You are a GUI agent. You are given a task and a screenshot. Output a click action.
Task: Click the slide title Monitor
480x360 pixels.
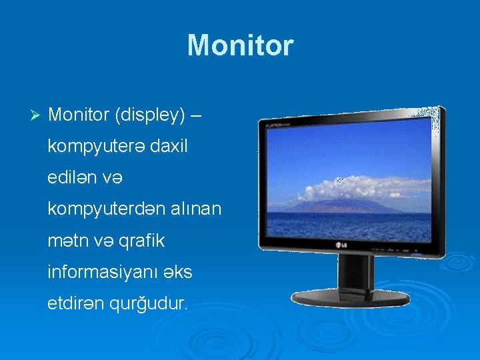(x=240, y=45)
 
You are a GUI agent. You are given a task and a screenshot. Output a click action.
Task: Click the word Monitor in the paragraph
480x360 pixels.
(x=79, y=115)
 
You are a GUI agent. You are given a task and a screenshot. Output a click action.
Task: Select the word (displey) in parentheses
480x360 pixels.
(x=149, y=115)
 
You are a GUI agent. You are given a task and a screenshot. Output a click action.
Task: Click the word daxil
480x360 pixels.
(x=169, y=147)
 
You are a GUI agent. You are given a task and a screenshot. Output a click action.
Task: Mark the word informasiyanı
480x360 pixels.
(x=94, y=272)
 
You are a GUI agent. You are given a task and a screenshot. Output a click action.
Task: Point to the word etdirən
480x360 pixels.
(x=75, y=303)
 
